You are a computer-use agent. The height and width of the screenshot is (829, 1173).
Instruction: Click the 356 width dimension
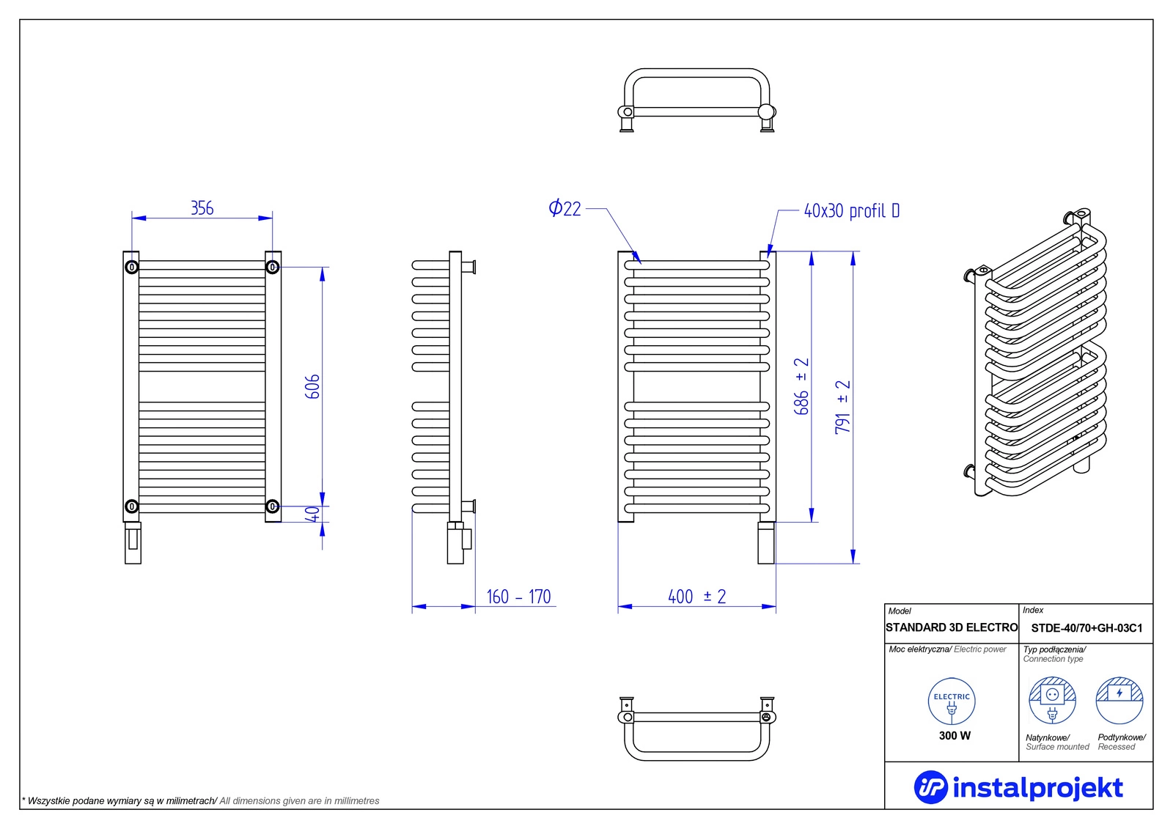202,208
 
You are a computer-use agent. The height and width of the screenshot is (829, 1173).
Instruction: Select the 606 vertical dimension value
312,386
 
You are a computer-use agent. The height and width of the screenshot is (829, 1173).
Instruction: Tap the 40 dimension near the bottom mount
312,514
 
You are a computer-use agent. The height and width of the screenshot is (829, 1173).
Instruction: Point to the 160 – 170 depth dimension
518,597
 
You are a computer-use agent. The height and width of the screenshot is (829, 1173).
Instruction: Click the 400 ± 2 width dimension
697,597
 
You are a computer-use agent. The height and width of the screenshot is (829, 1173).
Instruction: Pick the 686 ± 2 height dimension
802,386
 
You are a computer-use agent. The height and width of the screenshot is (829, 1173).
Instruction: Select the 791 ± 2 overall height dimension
843,407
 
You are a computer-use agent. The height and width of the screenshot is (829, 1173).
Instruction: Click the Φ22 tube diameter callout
565,208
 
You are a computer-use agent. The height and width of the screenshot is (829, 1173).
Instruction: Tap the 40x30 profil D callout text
852,210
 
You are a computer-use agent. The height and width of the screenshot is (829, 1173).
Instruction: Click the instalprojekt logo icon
931,787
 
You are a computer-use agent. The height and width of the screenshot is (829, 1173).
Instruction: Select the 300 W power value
955,736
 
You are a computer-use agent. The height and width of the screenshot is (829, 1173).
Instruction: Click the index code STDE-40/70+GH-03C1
1086,628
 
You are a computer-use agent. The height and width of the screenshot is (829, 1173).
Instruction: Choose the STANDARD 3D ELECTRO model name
952,627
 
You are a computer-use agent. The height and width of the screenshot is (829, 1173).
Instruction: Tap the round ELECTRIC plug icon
952,701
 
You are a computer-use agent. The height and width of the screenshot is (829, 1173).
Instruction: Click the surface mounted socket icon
1052,701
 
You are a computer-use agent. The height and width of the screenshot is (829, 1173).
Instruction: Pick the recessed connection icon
1119,701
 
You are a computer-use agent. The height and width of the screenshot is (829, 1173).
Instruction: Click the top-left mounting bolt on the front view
132,268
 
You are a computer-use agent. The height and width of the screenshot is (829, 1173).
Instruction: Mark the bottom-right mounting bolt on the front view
272,506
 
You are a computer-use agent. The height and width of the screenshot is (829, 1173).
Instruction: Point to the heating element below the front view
133,543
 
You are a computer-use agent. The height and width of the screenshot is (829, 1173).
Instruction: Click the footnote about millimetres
201,800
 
